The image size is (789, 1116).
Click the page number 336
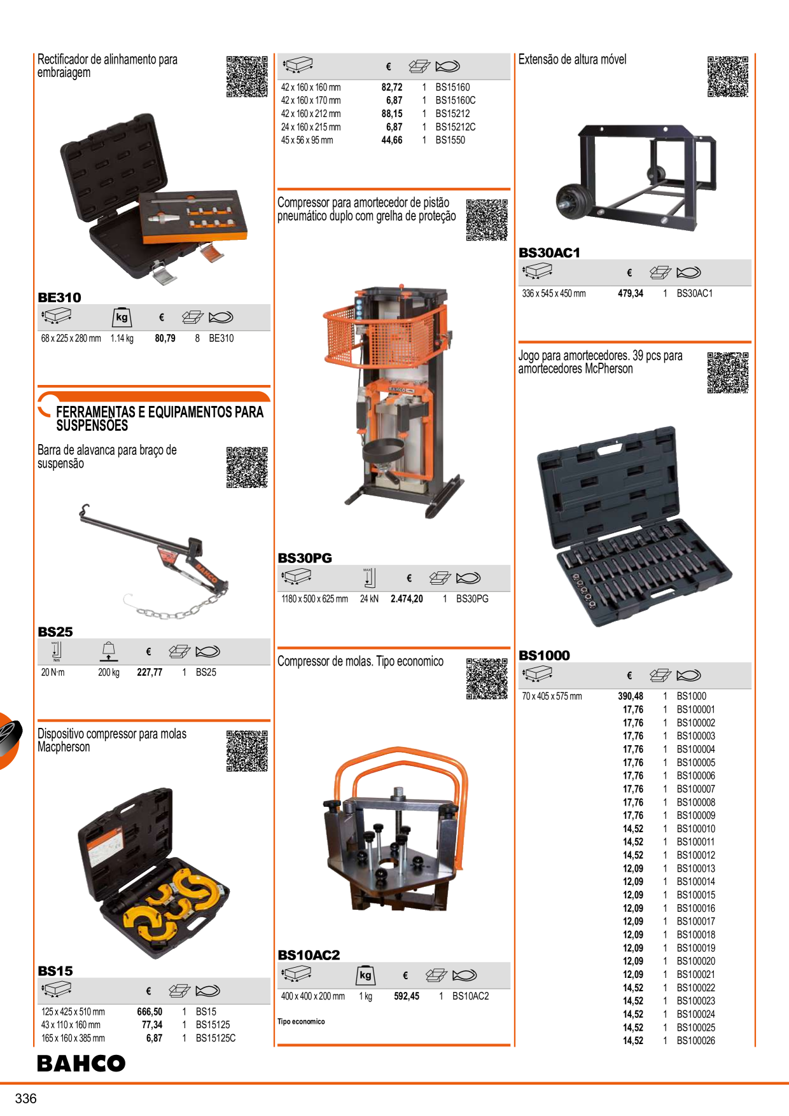coord(26,1098)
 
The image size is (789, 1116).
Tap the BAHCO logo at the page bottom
coord(81,1063)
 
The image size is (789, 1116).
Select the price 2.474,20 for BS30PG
coord(407,599)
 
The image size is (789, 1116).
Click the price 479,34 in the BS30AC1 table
coord(631,293)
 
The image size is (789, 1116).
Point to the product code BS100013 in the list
coord(696,868)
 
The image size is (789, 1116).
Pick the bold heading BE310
coord(60,297)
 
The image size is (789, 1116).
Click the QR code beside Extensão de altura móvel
coord(728,76)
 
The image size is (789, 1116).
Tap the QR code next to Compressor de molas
coord(487,679)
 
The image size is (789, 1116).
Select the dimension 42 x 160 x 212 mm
coord(311,114)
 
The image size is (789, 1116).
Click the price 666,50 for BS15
coord(150,1012)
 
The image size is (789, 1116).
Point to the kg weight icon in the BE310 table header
coord(122,317)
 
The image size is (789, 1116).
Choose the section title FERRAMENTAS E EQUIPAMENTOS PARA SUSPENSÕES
coord(160,419)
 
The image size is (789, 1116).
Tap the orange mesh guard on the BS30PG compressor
coord(381,334)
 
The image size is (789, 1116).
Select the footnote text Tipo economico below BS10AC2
coord(301,1022)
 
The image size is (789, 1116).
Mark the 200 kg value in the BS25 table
coord(109,673)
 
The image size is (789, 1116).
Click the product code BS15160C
coord(456,101)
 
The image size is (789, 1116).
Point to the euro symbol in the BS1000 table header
coord(629,676)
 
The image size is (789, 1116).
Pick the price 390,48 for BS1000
coord(631,697)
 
